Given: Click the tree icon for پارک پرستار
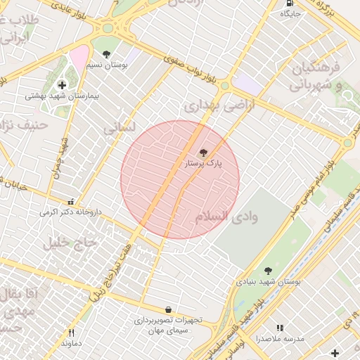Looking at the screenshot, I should [204, 152].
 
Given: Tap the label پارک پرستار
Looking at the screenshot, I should [203, 163].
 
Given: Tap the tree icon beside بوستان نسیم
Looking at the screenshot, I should [106, 54].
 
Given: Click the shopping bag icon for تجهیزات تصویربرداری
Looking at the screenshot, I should [168, 309].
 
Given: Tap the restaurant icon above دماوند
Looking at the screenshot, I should [70, 333].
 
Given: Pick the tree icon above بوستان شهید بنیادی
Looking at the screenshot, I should [267, 271].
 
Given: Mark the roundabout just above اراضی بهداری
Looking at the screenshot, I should [224, 86].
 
